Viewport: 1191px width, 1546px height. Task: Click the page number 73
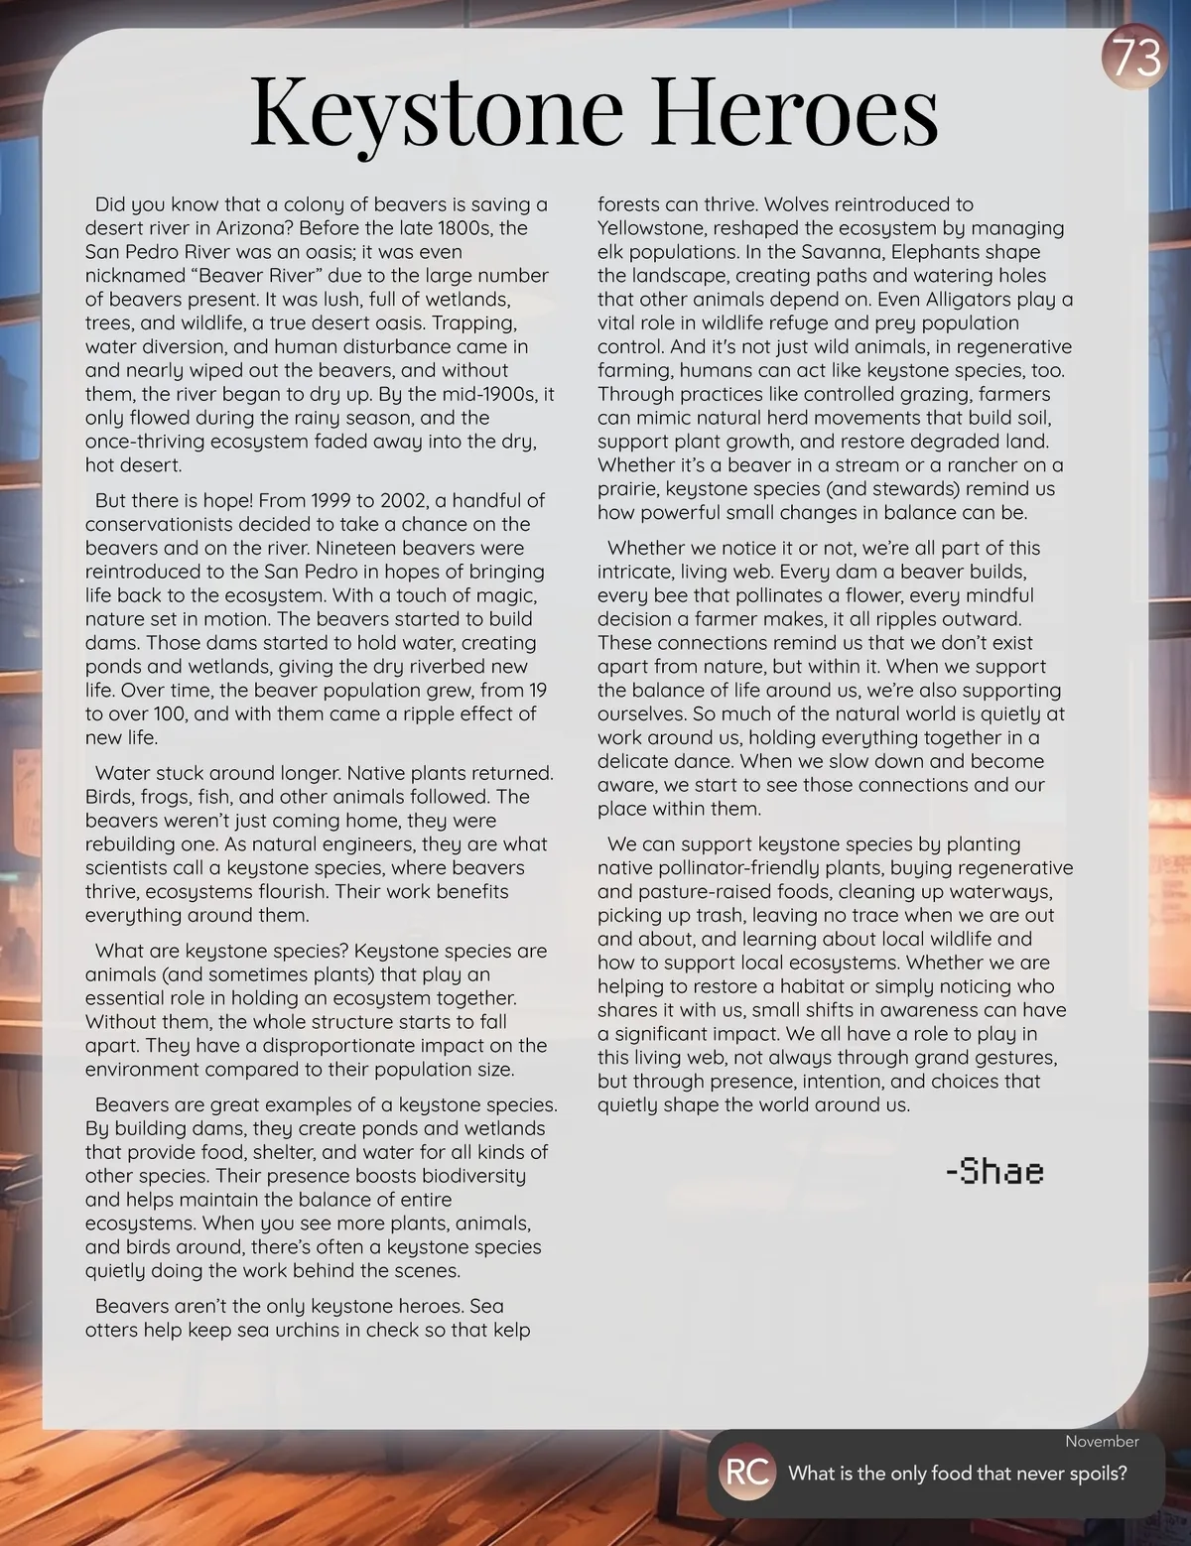(1134, 59)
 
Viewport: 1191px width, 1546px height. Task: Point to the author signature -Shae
(993, 1171)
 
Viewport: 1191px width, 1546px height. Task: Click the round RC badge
(747, 1473)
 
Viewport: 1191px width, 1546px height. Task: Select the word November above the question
(1102, 1441)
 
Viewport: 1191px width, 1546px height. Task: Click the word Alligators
(971, 300)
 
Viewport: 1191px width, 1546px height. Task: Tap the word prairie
(627, 489)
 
